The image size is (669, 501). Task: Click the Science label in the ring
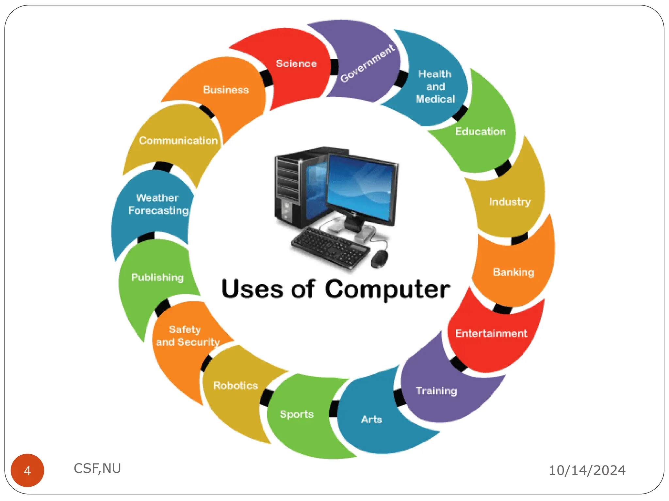point(296,64)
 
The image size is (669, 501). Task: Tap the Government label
point(367,64)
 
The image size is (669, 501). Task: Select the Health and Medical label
point(435,86)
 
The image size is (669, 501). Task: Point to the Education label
point(480,131)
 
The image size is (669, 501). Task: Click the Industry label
point(510,202)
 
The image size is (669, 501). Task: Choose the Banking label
point(514,272)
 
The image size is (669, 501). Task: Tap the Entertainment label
point(491,333)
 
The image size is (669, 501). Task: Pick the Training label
point(436,390)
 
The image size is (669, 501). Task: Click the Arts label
point(371,419)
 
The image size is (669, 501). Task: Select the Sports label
point(297,414)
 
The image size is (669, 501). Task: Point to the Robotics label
point(236,386)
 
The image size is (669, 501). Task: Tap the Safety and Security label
point(188,336)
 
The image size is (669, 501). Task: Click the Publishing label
point(157,277)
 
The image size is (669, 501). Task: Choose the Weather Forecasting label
point(158,204)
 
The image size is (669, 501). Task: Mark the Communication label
point(178,141)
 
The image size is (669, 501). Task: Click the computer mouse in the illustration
point(380,259)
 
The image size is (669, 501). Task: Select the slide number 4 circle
point(27,470)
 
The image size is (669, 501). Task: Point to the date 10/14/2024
point(587,470)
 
